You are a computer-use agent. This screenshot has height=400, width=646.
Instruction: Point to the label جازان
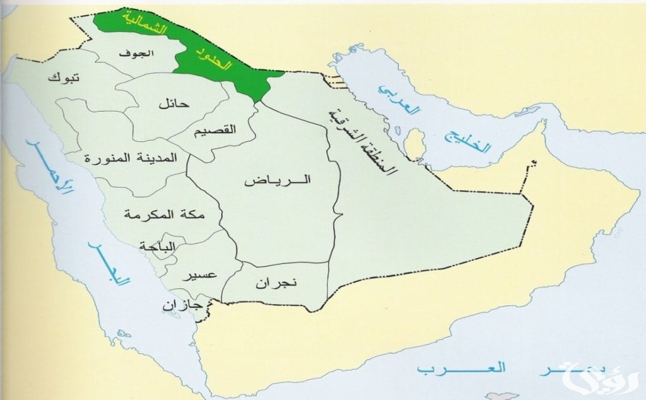click(181, 305)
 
